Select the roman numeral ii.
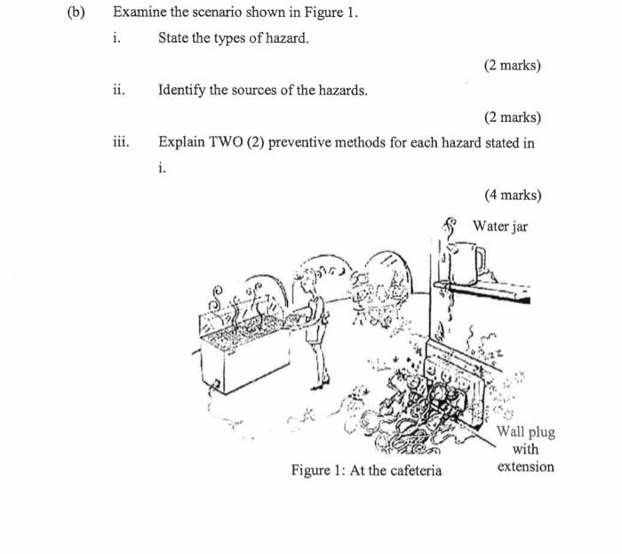point(118,91)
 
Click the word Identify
point(183,91)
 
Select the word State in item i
point(175,39)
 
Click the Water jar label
point(499,227)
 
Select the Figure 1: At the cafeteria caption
point(366,470)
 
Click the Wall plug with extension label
point(525,449)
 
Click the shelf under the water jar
point(480,287)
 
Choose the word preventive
point(303,142)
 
